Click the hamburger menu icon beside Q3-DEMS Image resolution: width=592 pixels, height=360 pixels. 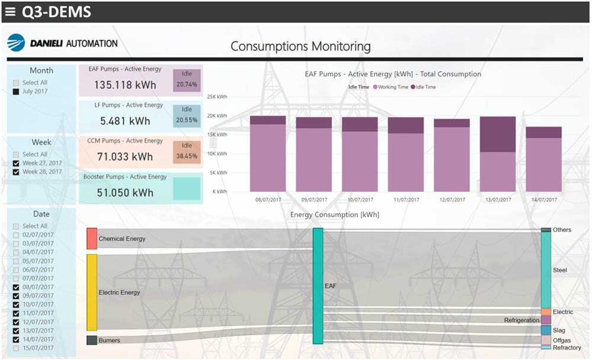click(10, 11)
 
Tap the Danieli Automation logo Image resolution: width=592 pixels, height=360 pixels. click(62, 43)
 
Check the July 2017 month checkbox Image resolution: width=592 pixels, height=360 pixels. click(16, 92)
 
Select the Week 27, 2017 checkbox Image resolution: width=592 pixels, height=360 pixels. click(16, 163)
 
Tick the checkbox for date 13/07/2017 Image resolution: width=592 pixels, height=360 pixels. click(16, 331)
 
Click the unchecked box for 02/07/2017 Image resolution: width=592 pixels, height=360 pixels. click(16, 235)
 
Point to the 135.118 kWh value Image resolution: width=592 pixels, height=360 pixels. click(125, 85)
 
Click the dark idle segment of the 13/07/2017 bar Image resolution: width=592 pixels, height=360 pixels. click(497, 134)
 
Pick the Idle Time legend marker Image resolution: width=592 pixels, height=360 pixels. click(412, 87)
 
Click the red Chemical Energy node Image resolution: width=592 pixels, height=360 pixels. click(92, 239)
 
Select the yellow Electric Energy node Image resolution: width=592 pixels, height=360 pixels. click(92, 292)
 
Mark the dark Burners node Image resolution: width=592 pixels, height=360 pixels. click(92, 340)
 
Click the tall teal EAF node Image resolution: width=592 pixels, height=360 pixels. click(318, 286)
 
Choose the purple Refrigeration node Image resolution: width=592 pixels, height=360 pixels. click(546, 320)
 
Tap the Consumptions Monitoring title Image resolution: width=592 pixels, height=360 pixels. click(300, 46)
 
